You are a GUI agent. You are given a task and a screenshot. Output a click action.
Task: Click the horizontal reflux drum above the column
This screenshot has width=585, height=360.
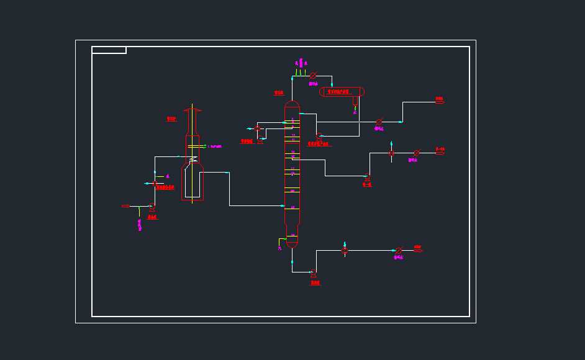click(342, 92)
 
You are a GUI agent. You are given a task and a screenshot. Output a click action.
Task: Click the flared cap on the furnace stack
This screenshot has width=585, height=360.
click(193, 111)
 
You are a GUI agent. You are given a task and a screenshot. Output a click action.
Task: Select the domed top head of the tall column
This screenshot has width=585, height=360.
click(292, 104)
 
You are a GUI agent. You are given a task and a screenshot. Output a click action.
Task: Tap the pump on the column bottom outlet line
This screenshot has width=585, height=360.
click(313, 272)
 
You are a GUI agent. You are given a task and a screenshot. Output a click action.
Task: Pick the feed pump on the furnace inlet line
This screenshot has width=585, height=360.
click(152, 207)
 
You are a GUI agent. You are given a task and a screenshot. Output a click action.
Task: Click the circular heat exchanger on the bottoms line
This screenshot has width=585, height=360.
click(345, 251)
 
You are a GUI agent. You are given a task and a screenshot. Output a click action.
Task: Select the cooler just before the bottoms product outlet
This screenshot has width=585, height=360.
click(399, 251)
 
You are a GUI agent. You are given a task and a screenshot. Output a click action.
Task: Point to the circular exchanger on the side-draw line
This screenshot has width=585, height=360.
click(391, 153)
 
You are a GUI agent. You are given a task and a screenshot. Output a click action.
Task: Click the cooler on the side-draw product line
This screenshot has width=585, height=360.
click(416, 153)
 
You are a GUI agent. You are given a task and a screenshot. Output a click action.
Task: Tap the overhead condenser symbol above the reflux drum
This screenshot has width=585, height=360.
click(313, 76)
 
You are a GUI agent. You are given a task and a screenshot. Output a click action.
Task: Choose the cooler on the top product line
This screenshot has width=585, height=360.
click(379, 122)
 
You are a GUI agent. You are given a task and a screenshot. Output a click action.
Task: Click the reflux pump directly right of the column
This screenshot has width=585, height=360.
click(318, 136)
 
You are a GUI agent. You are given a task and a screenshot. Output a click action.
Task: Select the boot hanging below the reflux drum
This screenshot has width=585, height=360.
click(355, 101)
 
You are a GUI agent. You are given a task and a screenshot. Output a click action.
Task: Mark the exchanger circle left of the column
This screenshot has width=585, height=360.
click(257, 128)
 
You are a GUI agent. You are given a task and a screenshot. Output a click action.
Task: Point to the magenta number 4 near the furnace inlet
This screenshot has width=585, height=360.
click(167, 177)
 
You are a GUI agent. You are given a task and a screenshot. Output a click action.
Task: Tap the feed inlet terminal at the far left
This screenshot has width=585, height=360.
click(125, 206)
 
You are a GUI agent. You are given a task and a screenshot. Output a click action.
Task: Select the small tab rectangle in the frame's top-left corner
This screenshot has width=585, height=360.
click(109, 50)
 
